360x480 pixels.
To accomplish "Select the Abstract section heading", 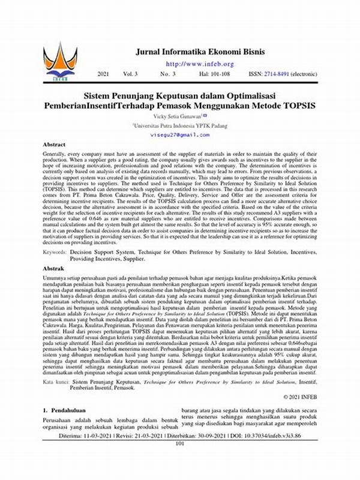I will click(x=53, y=145).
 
